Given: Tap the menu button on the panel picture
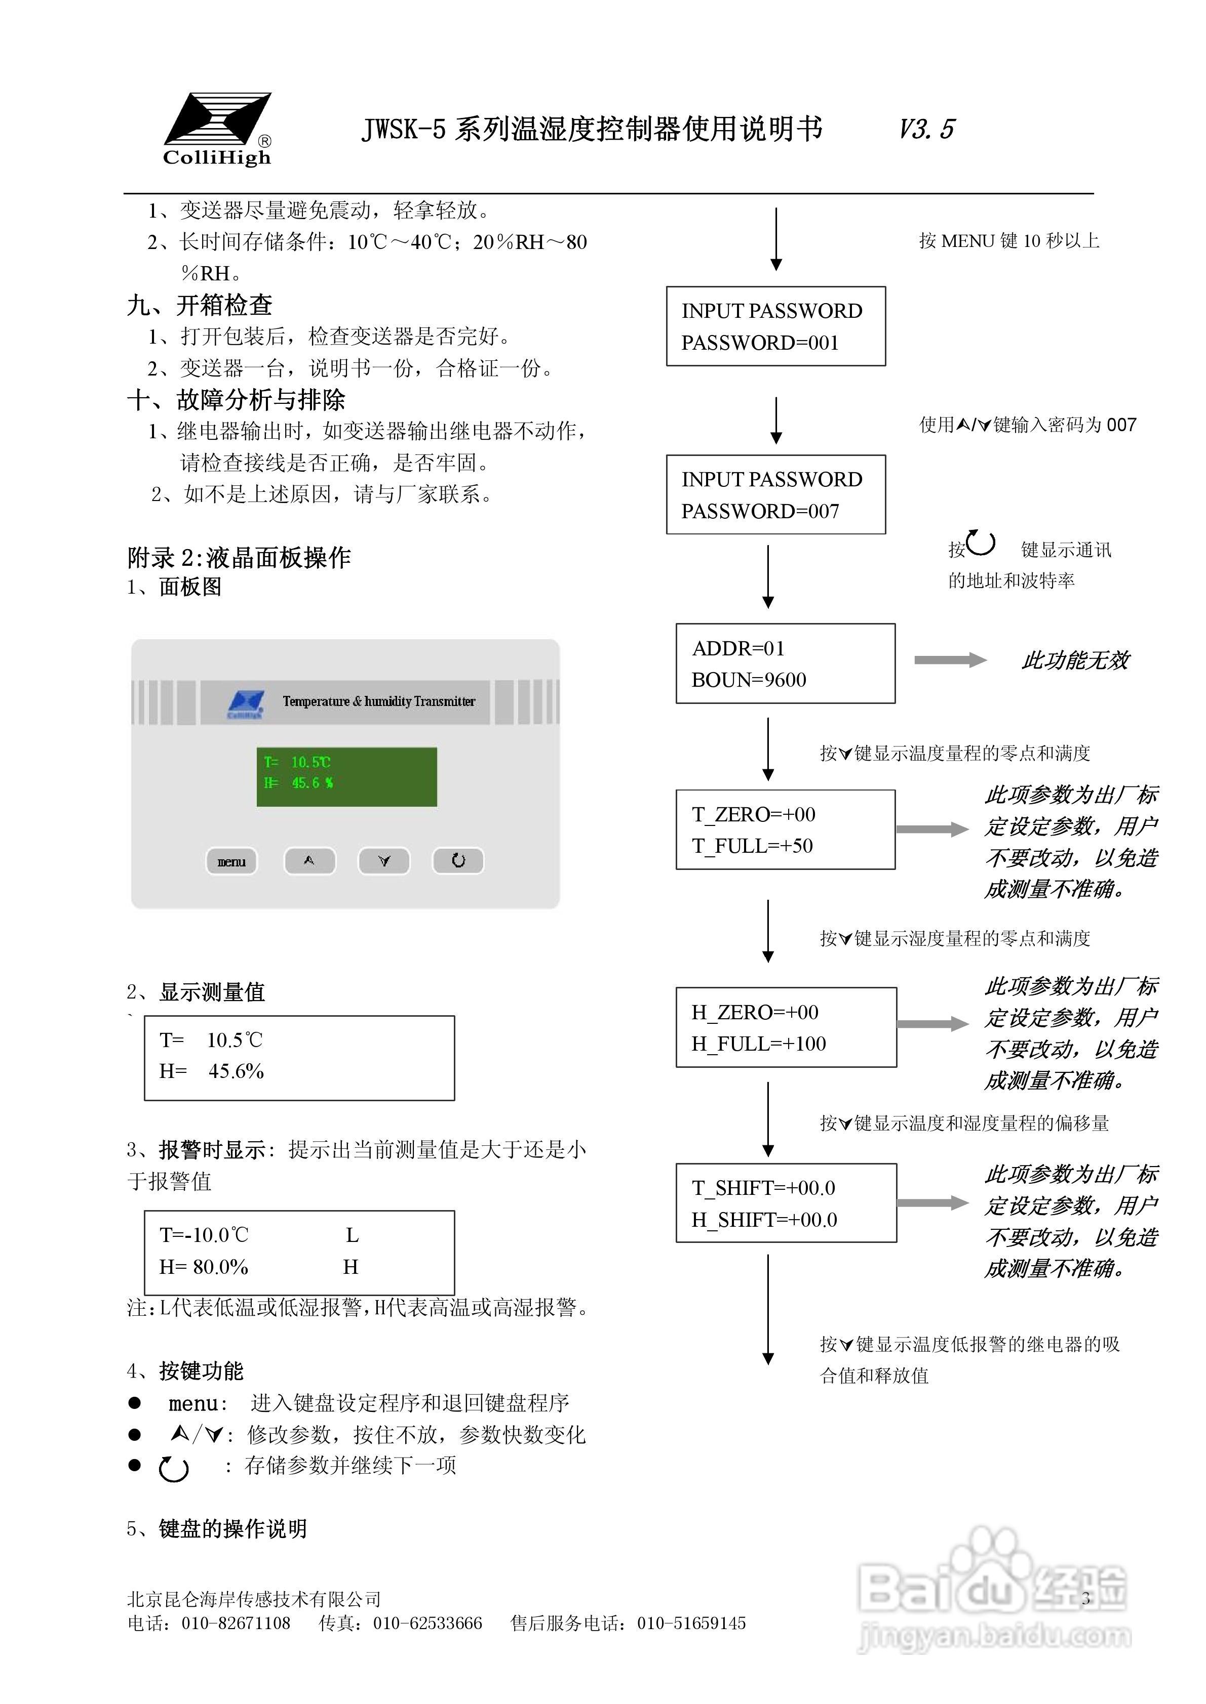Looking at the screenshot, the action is point(231,861).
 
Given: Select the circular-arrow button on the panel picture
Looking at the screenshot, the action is point(458,860).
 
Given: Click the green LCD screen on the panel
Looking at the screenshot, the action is point(347,776).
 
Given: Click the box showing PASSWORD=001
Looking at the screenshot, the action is point(775,326).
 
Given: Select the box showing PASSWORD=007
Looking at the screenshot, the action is point(775,494).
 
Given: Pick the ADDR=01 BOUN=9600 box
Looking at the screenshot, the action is point(785,663).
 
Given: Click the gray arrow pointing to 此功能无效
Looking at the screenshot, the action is point(950,660).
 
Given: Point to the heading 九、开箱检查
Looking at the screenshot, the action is point(200,305).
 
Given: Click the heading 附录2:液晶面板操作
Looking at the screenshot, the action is point(239,557).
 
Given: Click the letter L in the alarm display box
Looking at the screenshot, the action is point(352,1235).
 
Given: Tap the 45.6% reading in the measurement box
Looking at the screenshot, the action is point(236,1071).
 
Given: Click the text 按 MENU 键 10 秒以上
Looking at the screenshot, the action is point(1008,240).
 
